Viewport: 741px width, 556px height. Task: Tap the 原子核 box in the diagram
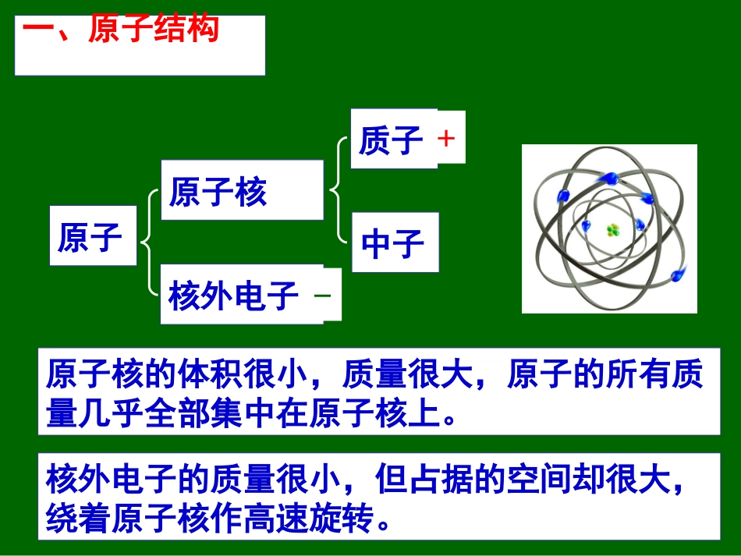point(218,191)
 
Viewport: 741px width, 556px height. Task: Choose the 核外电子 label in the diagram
point(234,296)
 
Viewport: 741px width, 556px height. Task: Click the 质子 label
point(391,140)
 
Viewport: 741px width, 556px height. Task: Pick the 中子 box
point(393,243)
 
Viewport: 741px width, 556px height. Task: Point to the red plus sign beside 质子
point(446,139)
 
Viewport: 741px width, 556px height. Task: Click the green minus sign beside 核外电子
point(322,296)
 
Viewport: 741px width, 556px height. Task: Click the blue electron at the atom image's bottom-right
point(676,274)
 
